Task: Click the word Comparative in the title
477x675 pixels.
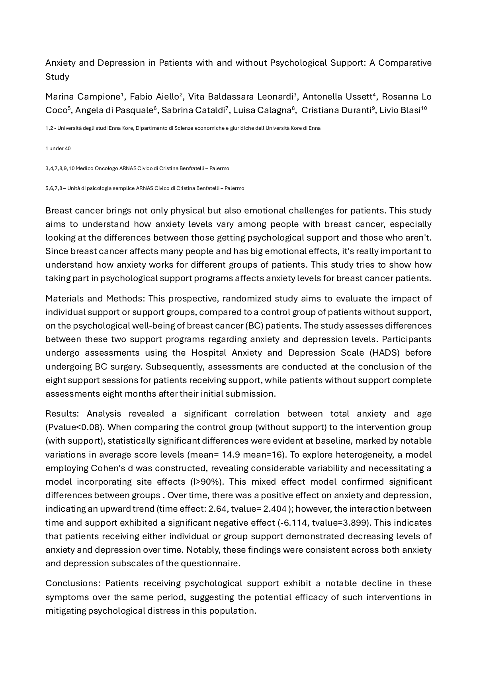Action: [405, 63]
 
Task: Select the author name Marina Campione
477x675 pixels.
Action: [83, 97]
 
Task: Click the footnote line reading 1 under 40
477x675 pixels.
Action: [58, 149]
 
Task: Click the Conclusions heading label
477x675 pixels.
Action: [74, 583]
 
